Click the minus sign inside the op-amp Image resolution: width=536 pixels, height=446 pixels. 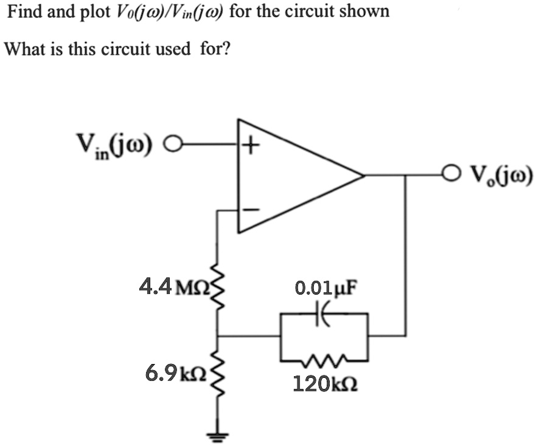(251, 210)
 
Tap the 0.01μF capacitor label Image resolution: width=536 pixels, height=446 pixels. (325, 287)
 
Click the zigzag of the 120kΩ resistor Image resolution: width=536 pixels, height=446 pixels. (325, 363)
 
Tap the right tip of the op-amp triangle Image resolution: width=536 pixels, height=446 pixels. (363, 176)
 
